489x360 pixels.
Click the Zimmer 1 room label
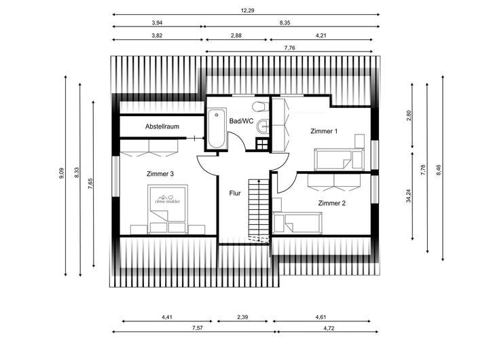pyautogui.click(x=324, y=130)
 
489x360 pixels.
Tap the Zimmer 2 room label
pyautogui.click(x=332, y=203)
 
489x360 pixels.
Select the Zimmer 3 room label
pyautogui.click(x=160, y=174)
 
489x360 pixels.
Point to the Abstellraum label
pyautogui.click(x=162, y=127)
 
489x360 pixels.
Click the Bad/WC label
pyautogui.click(x=241, y=121)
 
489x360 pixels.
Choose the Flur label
pyautogui.click(x=235, y=192)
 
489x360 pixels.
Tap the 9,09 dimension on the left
pyautogui.click(x=62, y=174)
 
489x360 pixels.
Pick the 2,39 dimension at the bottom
pyautogui.click(x=242, y=317)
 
